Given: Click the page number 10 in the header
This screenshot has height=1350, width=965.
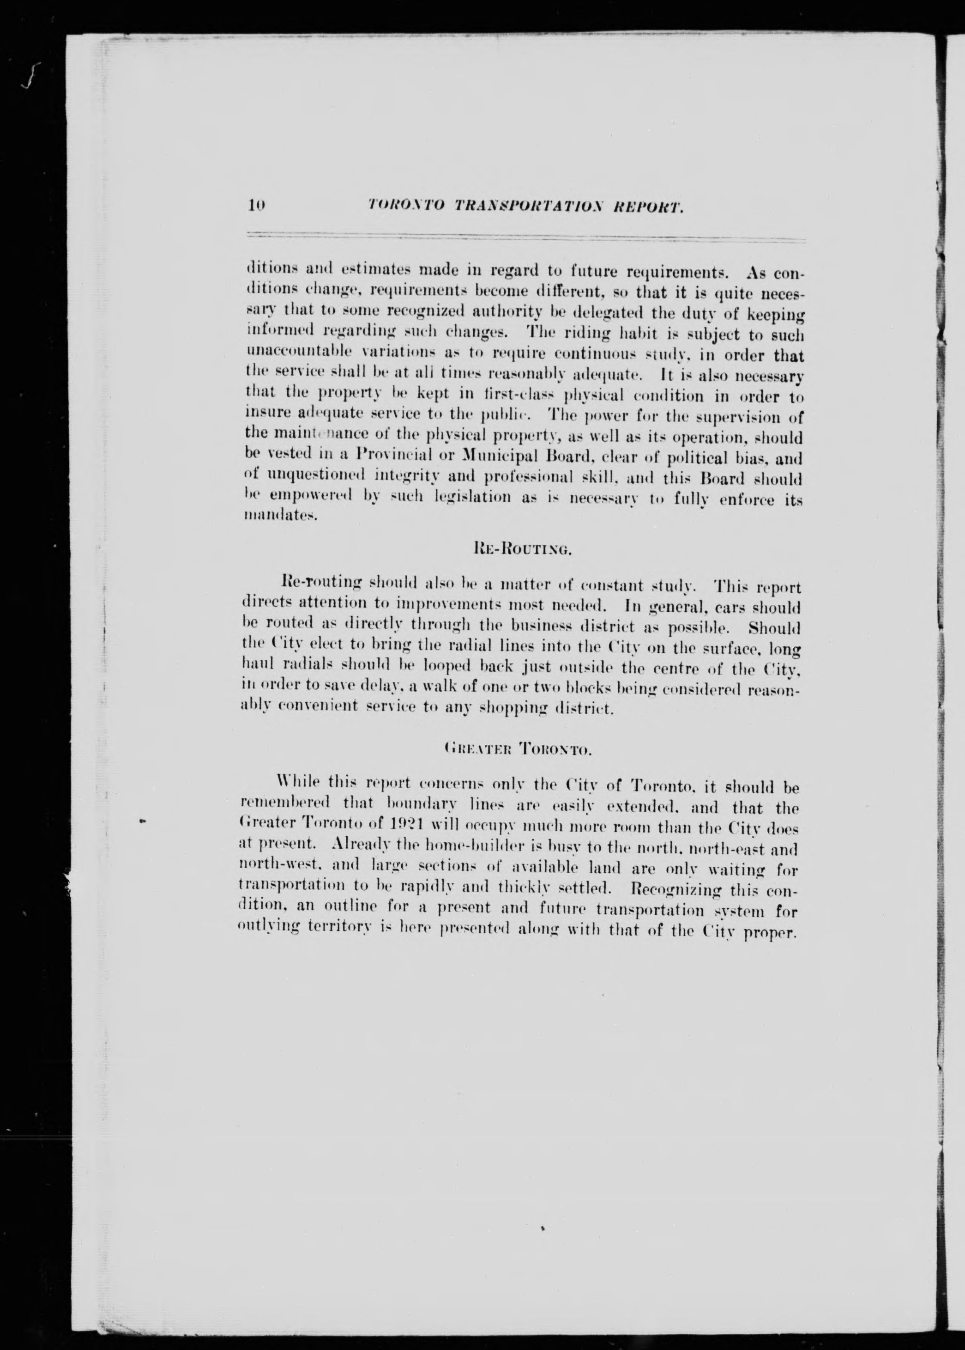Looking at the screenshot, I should (x=256, y=206).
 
